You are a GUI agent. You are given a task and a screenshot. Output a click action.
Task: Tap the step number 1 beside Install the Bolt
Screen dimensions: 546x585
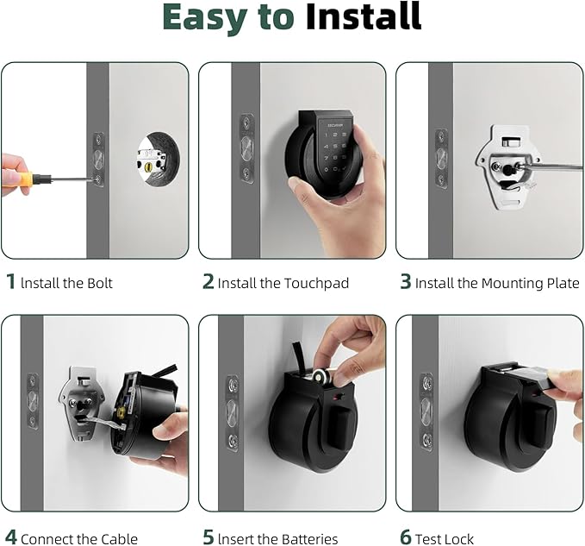pyautogui.click(x=10, y=282)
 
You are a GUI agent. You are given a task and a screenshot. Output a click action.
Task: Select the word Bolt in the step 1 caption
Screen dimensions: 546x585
pyautogui.click(x=96, y=283)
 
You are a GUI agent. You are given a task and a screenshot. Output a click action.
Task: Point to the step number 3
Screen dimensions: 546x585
pyautogui.click(x=405, y=282)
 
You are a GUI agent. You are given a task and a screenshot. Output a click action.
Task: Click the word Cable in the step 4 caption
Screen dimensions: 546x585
pyautogui.click(x=120, y=538)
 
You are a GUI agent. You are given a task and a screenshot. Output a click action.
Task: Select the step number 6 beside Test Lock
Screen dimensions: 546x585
pyautogui.click(x=405, y=538)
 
